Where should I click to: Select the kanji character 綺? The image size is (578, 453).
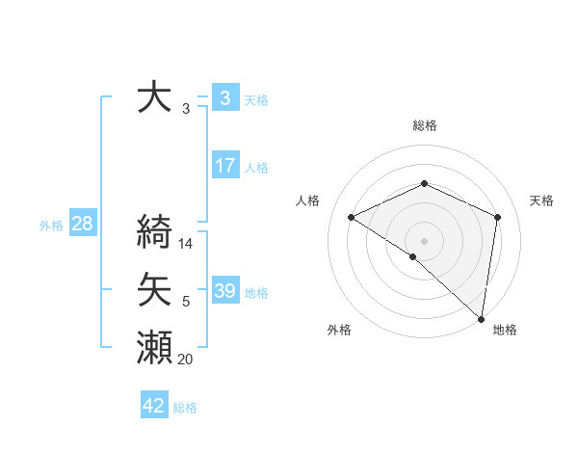(x=155, y=231)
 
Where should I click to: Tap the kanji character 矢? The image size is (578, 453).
(x=155, y=290)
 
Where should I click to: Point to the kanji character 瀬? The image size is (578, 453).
(x=155, y=347)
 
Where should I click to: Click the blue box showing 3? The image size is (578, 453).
(x=224, y=98)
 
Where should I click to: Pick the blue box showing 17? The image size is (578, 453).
(x=224, y=166)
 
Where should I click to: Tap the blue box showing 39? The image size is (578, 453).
(x=224, y=291)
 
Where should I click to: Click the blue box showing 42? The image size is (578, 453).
(x=154, y=406)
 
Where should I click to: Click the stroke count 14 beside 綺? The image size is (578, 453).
(x=187, y=244)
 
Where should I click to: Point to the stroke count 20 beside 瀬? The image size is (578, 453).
(x=185, y=360)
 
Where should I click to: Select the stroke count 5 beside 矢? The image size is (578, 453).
(x=186, y=303)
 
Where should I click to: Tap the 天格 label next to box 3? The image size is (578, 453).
(x=256, y=99)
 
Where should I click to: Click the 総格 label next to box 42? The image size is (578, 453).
(x=185, y=408)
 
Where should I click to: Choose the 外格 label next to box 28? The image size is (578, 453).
(x=51, y=226)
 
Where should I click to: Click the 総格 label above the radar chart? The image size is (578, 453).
(x=424, y=125)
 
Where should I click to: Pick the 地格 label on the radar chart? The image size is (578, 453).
(x=505, y=330)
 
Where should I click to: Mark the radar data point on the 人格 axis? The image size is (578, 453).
(x=352, y=217)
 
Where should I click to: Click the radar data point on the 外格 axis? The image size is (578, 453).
(x=413, y=256)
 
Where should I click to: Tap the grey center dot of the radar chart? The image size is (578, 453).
(x=424, y=240)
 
